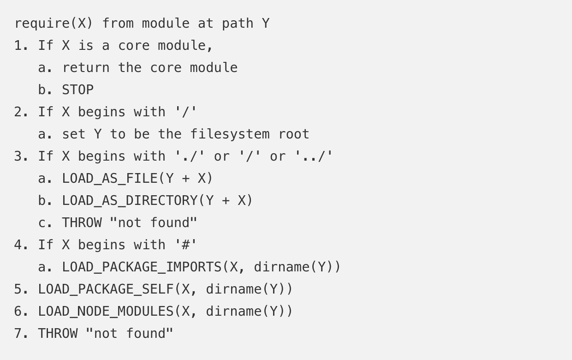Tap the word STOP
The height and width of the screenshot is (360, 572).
pyautogui.click(x=77, y=90)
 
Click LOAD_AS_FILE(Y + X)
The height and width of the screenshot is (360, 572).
pyautogui.click(x=137, y=179)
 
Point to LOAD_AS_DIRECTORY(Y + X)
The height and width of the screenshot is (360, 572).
pyautogui.click(x=157, y=201)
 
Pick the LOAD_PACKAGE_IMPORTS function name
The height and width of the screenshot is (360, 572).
pyautogui.click(x=142, y=267)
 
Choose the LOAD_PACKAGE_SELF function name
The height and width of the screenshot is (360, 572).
pyautogui.click(x=106, y=289)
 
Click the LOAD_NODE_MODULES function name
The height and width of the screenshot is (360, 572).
pyautogui.click(x=106, y=312)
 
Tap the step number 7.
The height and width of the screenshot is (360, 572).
pyautogui.click(x=18, y=334)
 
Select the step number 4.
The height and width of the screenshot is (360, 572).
pyautogui.click(x=18, y=245)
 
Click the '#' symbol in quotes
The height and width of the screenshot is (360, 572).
pyautogui.click(x=186, y=245)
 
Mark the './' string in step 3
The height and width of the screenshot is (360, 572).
pyautogui.click(x=190, y=156)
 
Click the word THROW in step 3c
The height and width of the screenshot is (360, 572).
pyautogui.click(x=82, y=223)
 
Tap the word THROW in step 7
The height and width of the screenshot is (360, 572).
pyautogui.click(x=58, y=334)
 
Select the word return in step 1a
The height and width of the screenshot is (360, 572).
pyautogui.click(x=86, y=68)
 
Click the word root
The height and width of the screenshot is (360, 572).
pyautogui.click(x=293, y=134)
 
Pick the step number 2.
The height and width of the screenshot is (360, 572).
pyautogui.click(x=18, y=112)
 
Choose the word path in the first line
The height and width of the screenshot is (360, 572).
pyautogui.click(x=238, y=24)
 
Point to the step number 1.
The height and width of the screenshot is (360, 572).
pyautogui.click(x=18, y=46)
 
